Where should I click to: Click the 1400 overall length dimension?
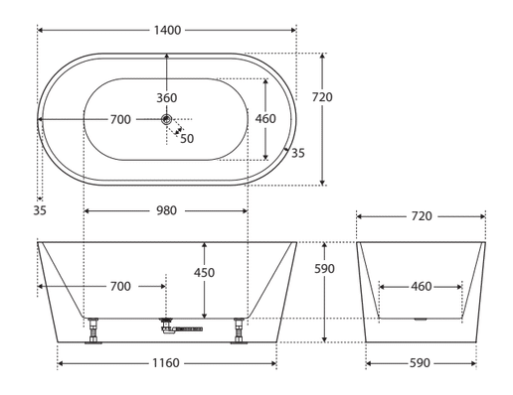(x=168, y=31)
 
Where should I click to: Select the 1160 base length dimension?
(x=166, y=363)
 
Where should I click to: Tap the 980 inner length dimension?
(x=166, y=210)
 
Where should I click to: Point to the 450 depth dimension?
(x=204, y=273)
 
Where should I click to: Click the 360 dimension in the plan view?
(x=167, y=98)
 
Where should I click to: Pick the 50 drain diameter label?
(x=187, y=139)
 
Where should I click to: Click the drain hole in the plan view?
(x=166, y=119)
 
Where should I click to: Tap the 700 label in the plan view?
(x=120, y=119)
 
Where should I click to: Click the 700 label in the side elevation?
(x=120, y=286)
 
